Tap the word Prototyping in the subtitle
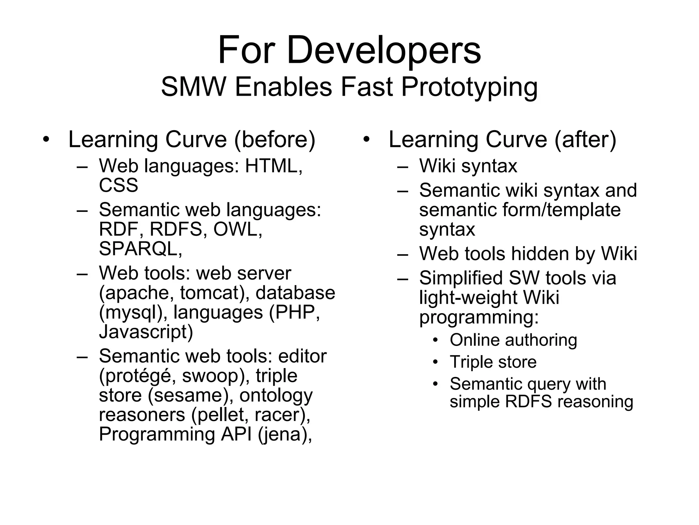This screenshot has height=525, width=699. [x=469, y=87]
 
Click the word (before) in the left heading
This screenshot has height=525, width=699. [x=275, y=140]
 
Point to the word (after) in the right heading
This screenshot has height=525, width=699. [x=585, y=140]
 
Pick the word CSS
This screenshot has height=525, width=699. [x=118, y=186]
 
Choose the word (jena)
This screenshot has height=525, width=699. [x=285, y=434]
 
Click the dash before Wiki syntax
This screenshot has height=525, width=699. [x=403, y=166]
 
